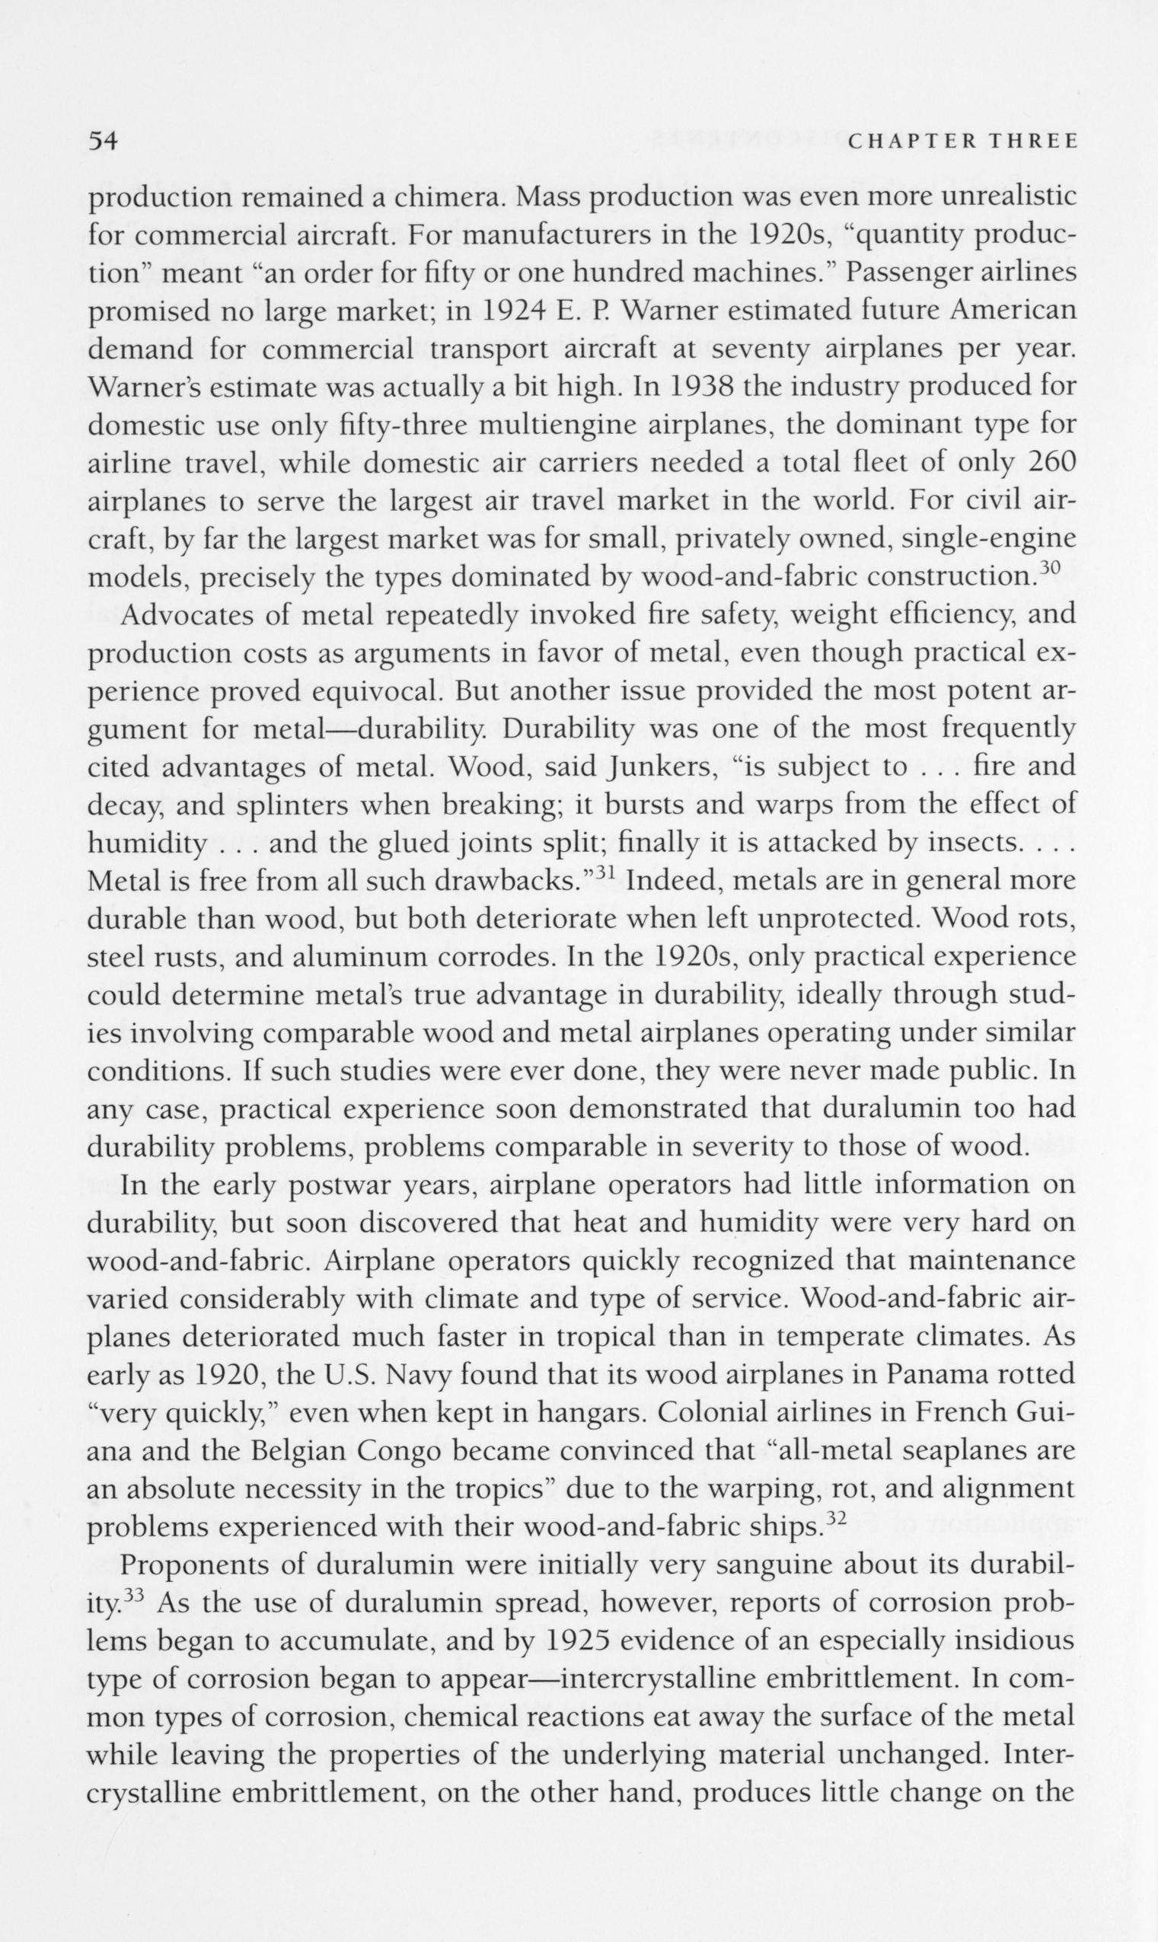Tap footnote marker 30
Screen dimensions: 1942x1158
1047,568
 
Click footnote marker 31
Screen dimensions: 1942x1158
608,873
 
